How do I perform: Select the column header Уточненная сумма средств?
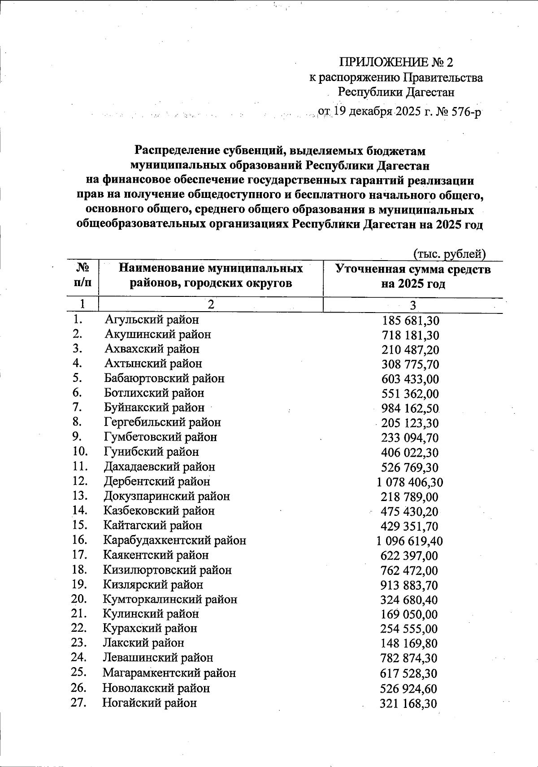click(x=413, y=270)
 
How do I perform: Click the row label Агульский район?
click(x=152, y=320)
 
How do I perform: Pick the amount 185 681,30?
click(x=410, y=321)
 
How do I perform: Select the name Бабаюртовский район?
click(x=164, y=378)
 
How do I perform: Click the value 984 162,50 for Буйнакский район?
click(x=410, y=409)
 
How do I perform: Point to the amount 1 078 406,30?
click(x=410, y=482)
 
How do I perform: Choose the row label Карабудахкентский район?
click(x=174, y=540)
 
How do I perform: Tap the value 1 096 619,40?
click(x=410, y=541)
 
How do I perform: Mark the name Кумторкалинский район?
click(x=170, y=599)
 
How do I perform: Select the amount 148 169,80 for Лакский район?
click(x=409, y=643)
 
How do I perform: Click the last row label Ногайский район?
click(x=149, y=703)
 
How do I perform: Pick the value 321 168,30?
click(x=408, y=703)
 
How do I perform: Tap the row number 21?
click(x=78, y=614)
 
